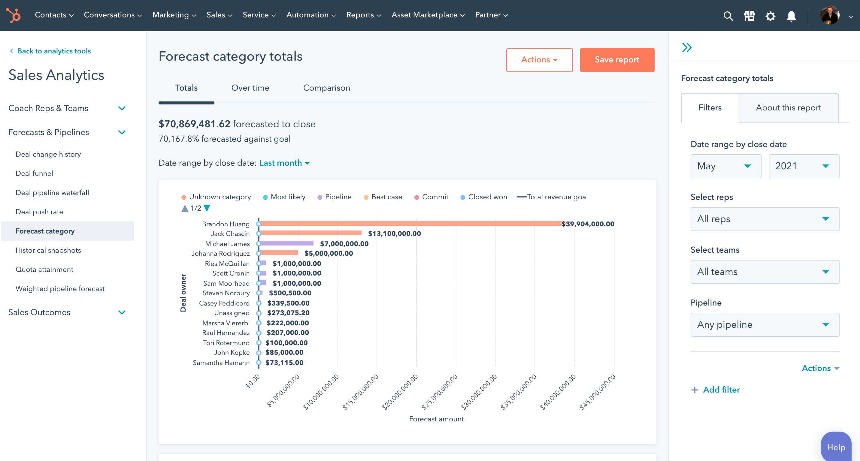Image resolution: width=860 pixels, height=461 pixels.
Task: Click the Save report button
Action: click(616, 60)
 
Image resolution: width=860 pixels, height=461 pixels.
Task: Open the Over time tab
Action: click(250, 88)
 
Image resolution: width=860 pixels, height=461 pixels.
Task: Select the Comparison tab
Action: click(326, 88)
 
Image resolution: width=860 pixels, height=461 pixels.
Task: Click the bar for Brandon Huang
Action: click(411, 224)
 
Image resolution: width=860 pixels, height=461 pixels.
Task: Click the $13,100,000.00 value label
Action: click(394, 234)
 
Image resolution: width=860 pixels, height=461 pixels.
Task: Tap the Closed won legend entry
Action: click(487, 197)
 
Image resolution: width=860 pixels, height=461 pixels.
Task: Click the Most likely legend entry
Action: click(288, 197)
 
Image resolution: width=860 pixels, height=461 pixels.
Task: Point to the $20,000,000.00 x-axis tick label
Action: click(400, 392)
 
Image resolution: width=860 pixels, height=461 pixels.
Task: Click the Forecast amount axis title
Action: click(436, 419)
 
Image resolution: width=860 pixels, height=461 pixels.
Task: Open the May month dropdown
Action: click(725, 166)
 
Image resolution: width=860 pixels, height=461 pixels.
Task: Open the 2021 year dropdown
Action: click(803, 166)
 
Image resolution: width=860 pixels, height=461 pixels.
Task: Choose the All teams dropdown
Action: click(764, 272)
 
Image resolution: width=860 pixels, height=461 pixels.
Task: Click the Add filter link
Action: click(721, 390)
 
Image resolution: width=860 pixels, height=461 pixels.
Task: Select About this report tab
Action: click(788, 108)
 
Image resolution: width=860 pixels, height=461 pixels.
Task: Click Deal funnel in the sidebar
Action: click(34, 173)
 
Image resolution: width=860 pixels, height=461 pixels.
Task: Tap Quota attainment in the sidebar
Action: click(44, 270)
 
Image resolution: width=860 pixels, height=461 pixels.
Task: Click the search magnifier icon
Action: click(728, 16)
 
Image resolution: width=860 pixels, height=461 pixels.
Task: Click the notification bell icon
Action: click(791, 16)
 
